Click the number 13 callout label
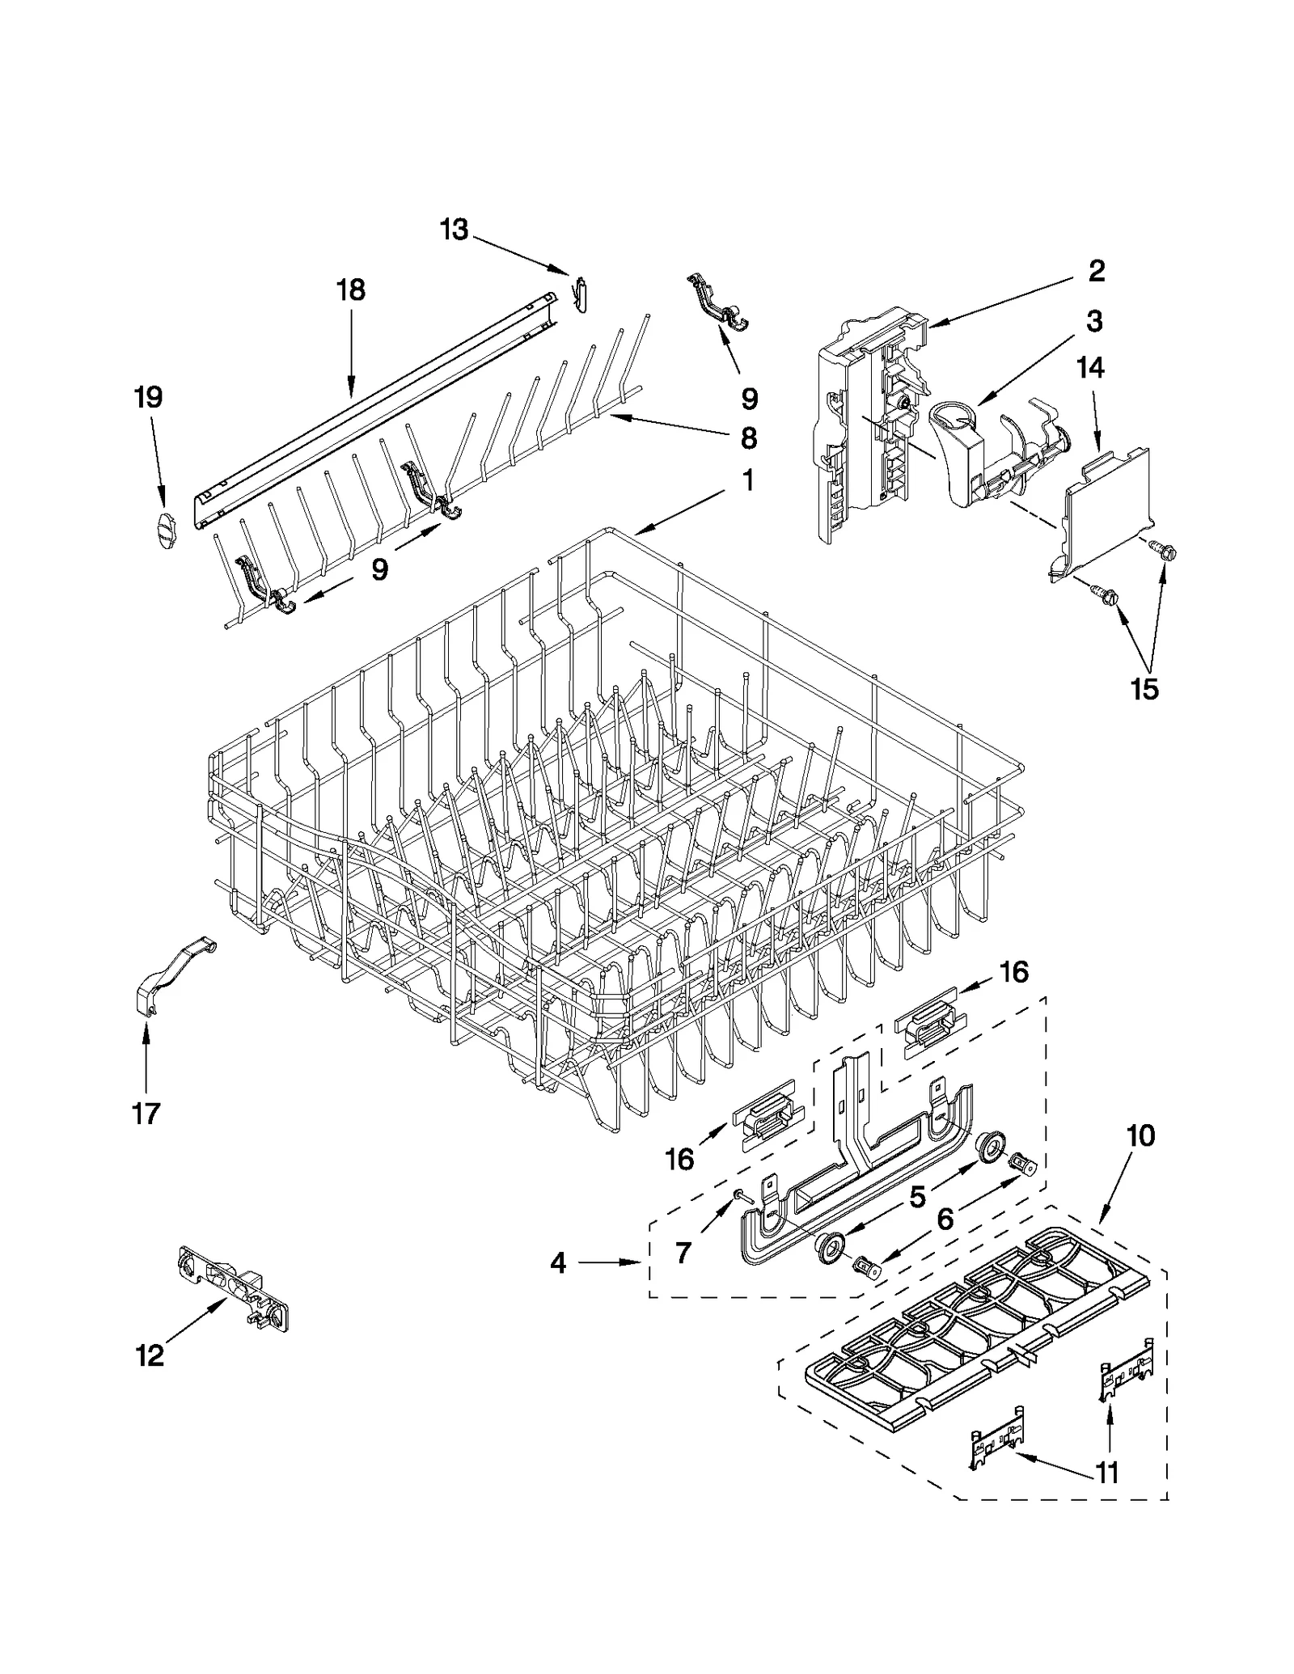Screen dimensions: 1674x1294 point(454,230)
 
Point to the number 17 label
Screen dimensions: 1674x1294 point(146,1114)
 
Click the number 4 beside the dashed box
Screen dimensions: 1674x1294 point(558,1262)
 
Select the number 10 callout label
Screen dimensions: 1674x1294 point(1140,1136)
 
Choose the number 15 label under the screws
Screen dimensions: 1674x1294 point(1145,689)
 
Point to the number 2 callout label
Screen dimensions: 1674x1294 point(1096,270)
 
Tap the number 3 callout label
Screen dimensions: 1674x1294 point(1093,321)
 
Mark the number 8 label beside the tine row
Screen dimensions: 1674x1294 point(749,438)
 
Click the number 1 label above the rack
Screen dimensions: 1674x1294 point(748,480)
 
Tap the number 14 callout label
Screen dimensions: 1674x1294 point(1090,368)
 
